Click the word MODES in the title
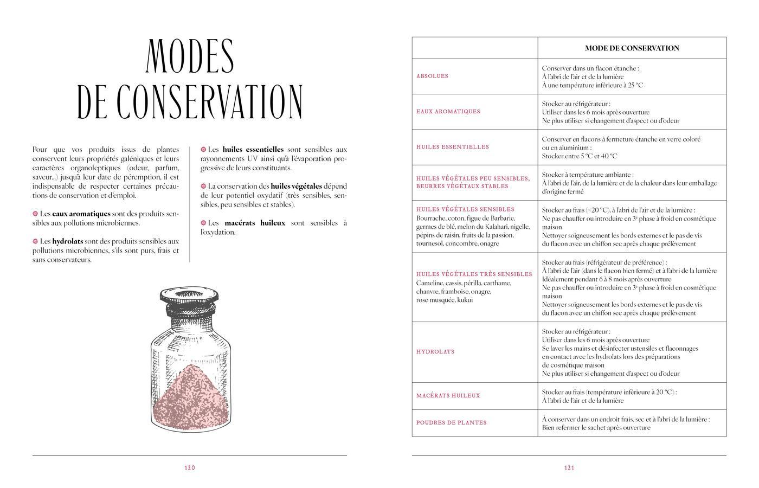[x=190, y=56]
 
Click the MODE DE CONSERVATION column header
[x=632, y=48]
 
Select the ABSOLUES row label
[x=432, y=76]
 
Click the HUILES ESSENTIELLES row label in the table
[x=452, y=147]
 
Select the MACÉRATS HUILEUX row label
[x=448, y=396]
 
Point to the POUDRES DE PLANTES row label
[x=451, y=423]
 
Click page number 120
[x=189, y=468]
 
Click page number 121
[x=569, y=468]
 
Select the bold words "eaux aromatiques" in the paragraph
[x=81, y=214]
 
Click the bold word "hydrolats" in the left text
[x=68, y=241]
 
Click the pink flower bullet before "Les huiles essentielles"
[x=203, y=150]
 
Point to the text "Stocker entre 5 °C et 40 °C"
[x=579, y=156]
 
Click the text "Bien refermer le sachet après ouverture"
[x=596, y=428]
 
